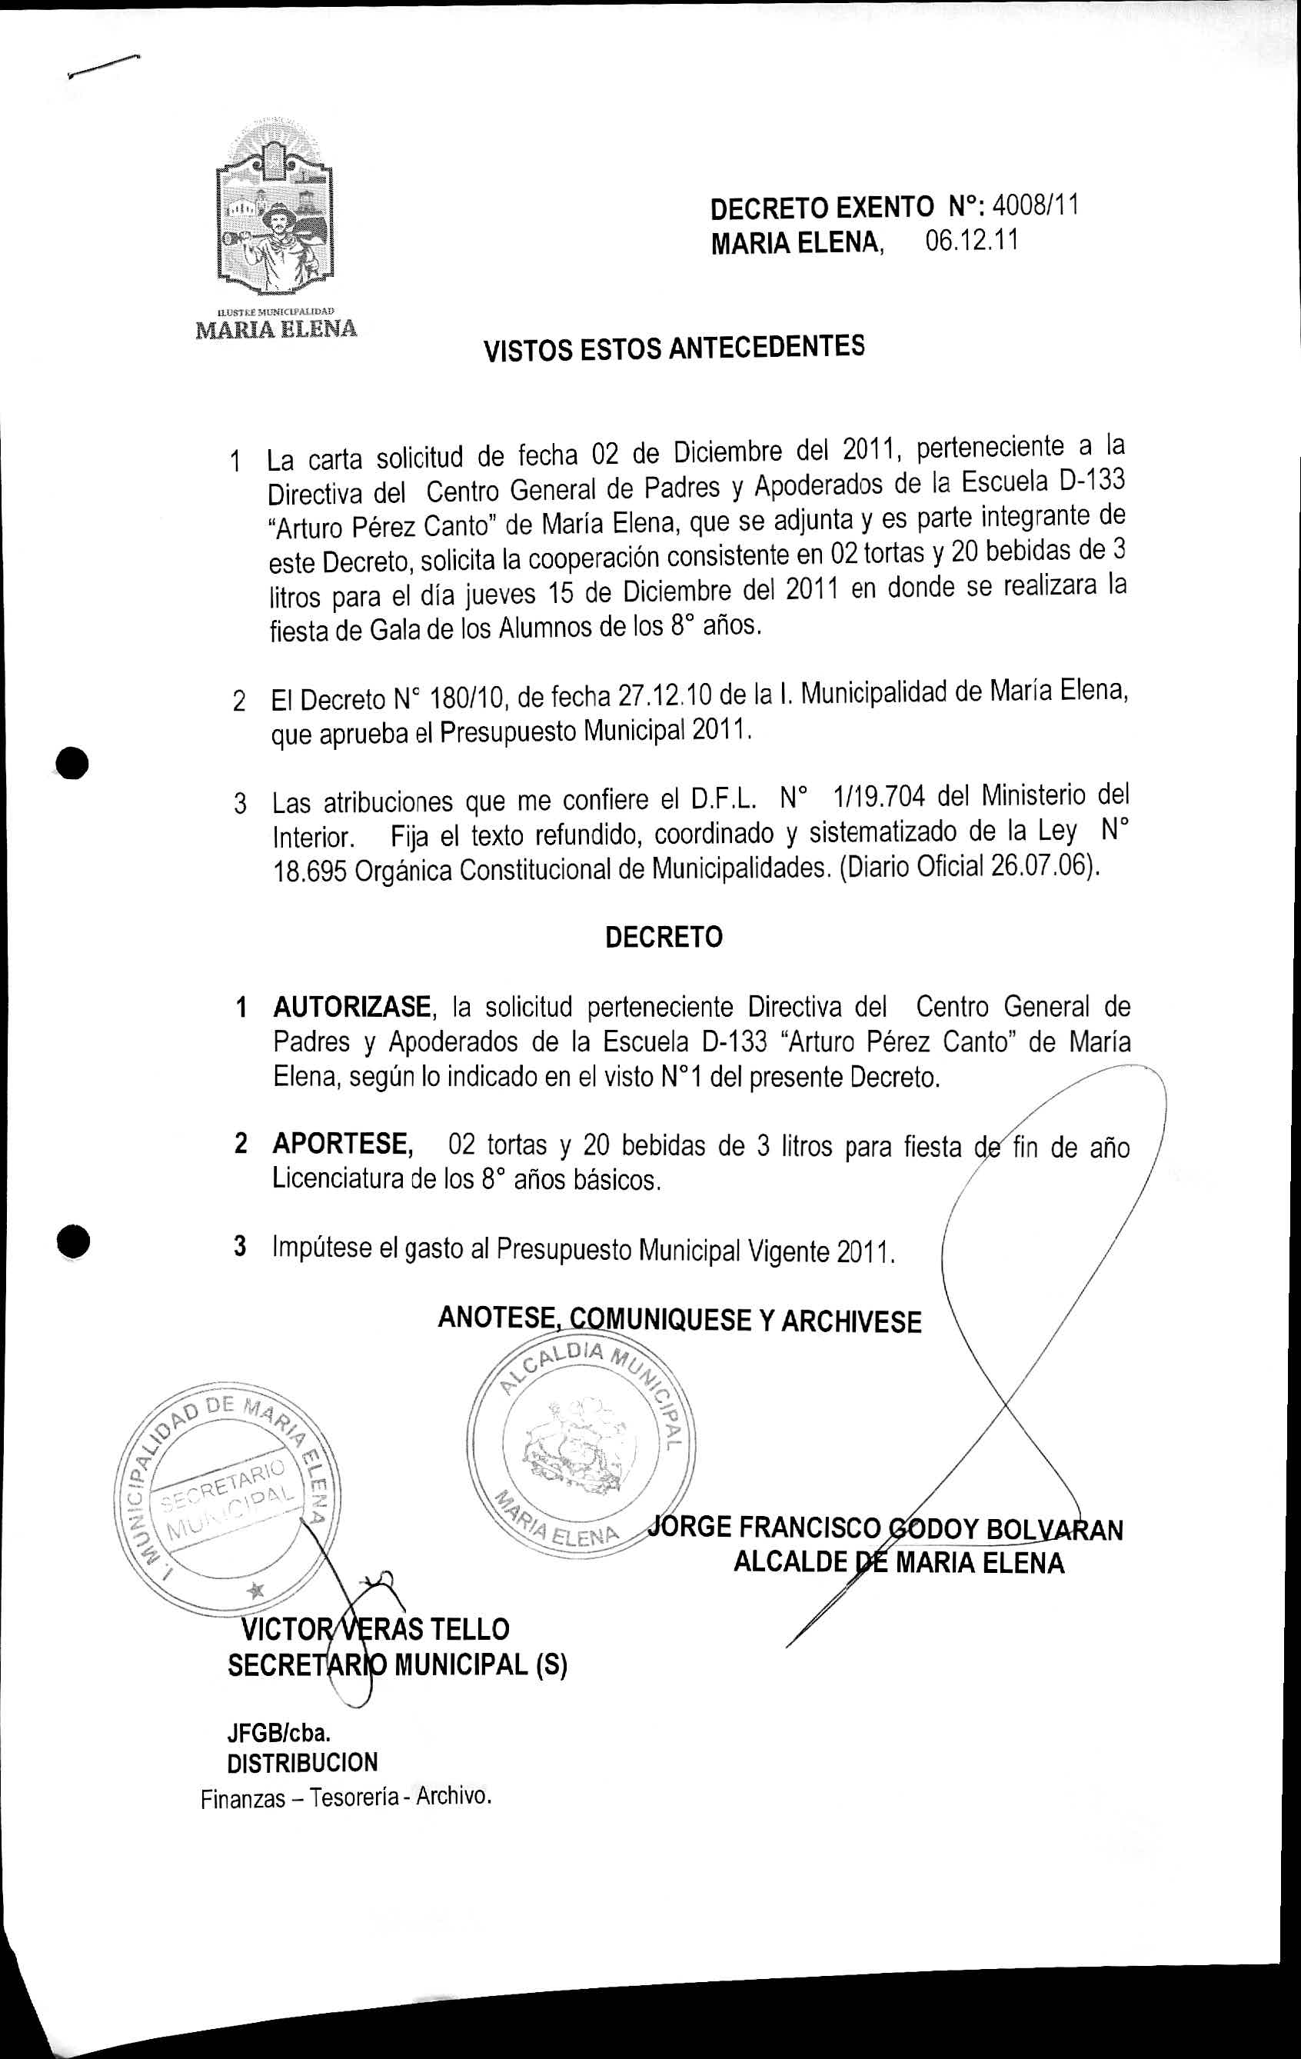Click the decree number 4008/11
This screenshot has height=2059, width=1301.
tap(1036, 206)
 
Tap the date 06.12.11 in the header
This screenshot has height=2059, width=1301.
tap(971, 242)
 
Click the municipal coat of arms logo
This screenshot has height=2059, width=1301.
tap(275, 218)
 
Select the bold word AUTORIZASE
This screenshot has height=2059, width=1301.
tap(351, 1008)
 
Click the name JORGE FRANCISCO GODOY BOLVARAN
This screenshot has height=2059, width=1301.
tap(886, 1528)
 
